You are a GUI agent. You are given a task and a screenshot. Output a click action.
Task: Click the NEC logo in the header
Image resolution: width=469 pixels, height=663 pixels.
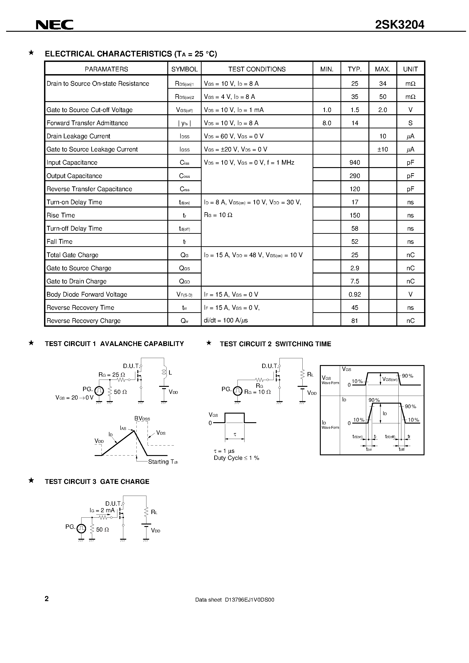tap(54, 25)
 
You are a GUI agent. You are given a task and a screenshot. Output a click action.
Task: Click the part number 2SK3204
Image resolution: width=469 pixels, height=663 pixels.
tap(399, 25)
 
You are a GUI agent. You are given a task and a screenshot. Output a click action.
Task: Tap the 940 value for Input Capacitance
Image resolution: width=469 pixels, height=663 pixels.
tap(355, 163)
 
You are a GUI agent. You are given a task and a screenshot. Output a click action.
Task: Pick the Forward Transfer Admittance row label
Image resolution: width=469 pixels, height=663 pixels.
tap(87, 123)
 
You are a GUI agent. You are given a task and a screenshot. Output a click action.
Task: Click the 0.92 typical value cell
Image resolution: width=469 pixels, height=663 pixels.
tap(355, 295)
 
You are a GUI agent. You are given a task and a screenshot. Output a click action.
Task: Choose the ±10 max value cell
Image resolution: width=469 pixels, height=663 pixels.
tap(382, 149)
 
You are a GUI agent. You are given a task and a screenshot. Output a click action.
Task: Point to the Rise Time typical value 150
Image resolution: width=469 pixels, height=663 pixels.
tap(355, 215)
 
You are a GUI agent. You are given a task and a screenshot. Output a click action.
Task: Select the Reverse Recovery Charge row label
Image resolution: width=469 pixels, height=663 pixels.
tap(84, 321)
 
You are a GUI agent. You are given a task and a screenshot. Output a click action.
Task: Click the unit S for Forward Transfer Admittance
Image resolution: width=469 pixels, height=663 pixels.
tap(410, 123)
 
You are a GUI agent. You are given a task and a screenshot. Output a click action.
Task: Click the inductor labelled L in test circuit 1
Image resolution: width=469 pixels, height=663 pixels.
tap(164, 373)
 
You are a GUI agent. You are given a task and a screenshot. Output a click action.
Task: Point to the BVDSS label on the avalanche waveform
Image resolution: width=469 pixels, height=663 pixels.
tap(142, 418)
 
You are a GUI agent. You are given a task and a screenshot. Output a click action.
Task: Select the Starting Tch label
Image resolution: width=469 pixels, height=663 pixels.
tap(163, 462)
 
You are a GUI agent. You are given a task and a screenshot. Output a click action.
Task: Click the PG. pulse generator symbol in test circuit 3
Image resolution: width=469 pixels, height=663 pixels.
tap(81, 529)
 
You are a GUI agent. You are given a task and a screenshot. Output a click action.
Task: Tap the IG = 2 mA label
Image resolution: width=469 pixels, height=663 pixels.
tap(102, 510)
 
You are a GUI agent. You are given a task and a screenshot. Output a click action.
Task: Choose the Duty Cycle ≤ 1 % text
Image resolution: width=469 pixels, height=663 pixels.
tap(236, 458)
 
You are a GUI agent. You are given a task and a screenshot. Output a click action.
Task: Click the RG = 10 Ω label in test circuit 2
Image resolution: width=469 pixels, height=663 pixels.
tap(257, 392)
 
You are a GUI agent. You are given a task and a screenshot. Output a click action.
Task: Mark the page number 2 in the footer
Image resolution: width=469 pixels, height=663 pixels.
tap(47, 599)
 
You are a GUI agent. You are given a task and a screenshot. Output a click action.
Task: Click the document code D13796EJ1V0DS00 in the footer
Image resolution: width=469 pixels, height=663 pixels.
tap(234, 600)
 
